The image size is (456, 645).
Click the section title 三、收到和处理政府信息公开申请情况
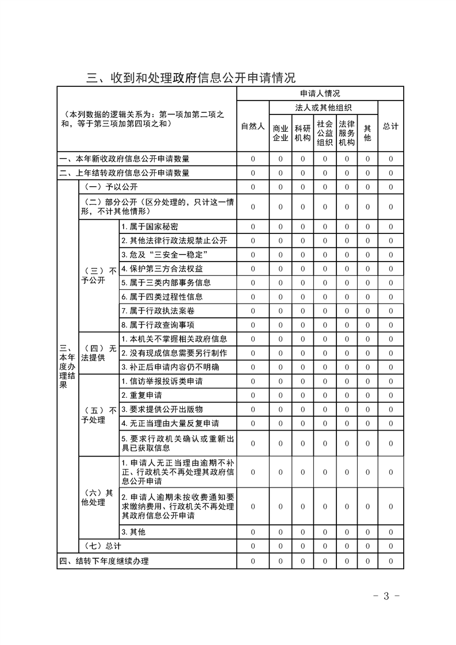pyautogui.click(x=190, y=78)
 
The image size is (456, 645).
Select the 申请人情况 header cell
pyautogui.click(x=320, y=93)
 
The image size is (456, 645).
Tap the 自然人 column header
pyautogui.click(x=252, y=126)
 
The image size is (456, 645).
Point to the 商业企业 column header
pyautogui.click(x=280, y=133)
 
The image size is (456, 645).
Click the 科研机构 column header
pyautogui.click(x=302, y=133)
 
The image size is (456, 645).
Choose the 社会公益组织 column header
pyautogui.click(x=324, y=133)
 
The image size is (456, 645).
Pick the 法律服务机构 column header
pyautogui.click(x=346, y=133)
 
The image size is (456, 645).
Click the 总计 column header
pyautogui.click(x=390, y=126)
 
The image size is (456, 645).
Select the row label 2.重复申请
pyautogui.click(x=141, y=396)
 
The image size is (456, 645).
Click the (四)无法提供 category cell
pyautogui.click(x=99, y=353)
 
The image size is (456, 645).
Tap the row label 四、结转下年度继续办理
pyautogui.click(x=104, y=561)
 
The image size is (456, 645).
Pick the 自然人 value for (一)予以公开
pyautogui.click(x=252, y=187)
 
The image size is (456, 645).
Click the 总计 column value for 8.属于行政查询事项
pyautogui.click(x=390, y=325)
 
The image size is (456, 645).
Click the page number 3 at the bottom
pyautogui.click(x=386, y=596)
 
